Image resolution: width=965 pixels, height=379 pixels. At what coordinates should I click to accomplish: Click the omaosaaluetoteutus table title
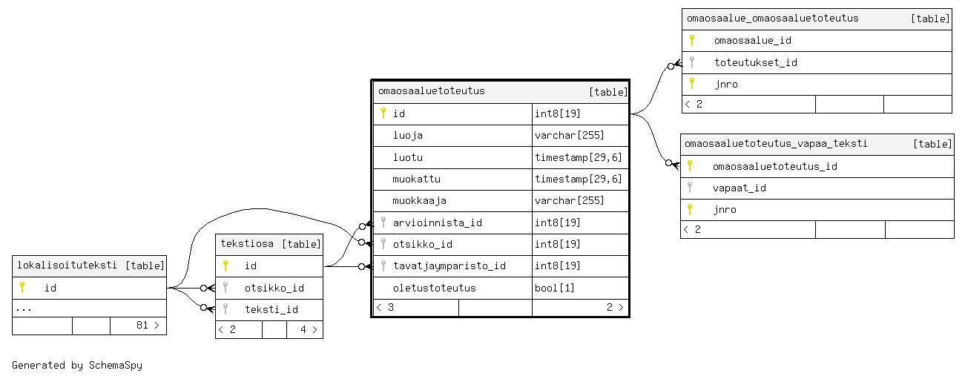tap(431, 91)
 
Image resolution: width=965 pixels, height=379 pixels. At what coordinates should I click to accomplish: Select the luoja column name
tap(407, 136)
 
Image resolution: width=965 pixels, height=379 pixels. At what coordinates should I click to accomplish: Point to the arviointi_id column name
tap(437, 223)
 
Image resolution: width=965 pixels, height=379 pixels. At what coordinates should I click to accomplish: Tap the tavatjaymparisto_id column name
tap(449, 266)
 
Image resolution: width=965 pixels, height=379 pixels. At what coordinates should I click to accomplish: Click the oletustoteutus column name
tap(434, 288)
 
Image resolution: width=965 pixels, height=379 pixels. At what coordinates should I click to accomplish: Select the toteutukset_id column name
tap(755, 62)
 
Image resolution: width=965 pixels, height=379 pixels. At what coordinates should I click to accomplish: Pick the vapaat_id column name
tap(739, 188)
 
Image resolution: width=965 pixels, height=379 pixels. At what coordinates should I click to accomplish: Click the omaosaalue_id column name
tap(752, 41)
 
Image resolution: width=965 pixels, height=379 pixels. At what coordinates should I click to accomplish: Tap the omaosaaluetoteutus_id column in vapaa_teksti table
tap(774, 166)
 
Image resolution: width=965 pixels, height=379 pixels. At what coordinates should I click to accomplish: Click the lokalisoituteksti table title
tap(67, 265)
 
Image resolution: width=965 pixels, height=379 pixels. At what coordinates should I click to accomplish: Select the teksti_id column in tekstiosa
tap(271, 309)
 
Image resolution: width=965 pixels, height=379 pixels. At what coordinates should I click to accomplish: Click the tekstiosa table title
tap(247, 243)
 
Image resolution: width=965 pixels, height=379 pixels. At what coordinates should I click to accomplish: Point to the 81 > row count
tap(148, 326)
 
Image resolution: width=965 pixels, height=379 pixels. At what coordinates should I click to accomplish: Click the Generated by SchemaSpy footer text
tap(76, 365)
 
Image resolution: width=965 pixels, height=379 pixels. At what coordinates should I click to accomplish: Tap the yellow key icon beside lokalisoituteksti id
tap(22, 287)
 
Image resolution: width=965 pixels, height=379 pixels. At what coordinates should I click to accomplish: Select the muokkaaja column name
tap(419, 201)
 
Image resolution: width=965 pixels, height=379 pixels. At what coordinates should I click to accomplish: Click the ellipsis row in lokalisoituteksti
tap(24, 308)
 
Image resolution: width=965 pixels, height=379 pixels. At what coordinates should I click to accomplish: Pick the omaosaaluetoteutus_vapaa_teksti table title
tap(775, 144)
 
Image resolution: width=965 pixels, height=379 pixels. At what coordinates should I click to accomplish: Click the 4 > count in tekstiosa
tap(308, 329)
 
